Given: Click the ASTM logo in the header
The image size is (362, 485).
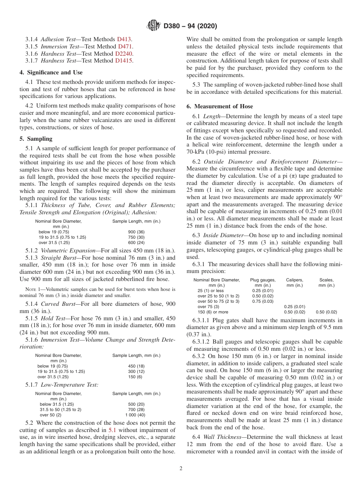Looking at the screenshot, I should point(153,26).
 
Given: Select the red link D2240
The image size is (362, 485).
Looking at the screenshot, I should point(124,53).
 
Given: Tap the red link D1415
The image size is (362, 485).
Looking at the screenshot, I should point(124,61).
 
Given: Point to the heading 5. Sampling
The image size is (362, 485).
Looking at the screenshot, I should point(36,139).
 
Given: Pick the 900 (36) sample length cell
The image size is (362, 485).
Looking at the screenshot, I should point(136,232).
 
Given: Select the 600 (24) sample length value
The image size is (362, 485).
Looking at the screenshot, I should point(136,242).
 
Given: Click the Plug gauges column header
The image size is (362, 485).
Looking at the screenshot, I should point(263,280).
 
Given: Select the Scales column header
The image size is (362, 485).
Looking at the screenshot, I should point(326,280).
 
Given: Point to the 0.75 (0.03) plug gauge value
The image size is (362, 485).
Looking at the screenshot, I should point(263,301).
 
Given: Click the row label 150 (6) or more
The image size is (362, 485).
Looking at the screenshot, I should point(213,312).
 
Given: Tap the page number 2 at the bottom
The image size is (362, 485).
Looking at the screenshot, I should point(181,469).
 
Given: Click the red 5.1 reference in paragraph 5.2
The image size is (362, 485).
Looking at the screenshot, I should point(112,430).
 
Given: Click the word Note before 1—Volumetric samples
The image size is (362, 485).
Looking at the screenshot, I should point(31,289).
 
